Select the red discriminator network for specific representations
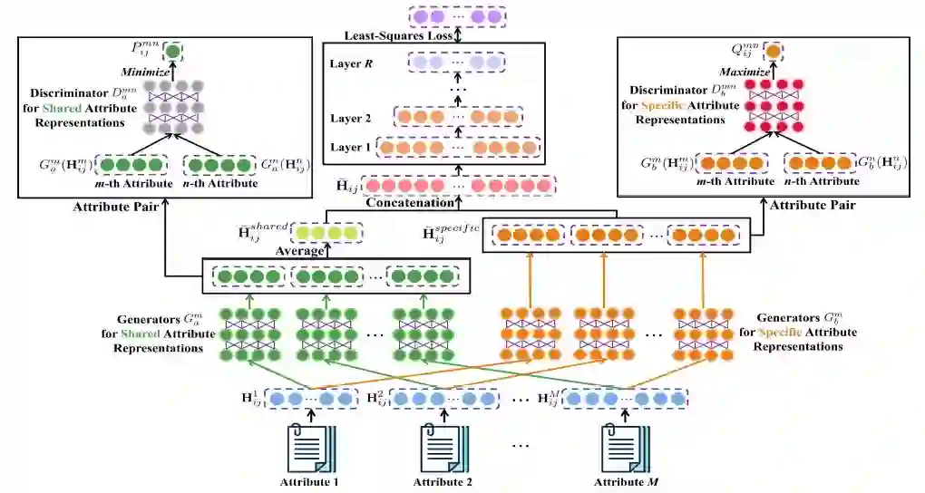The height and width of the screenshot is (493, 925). [773, 107]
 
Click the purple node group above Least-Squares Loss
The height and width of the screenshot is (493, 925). [454, 16]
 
